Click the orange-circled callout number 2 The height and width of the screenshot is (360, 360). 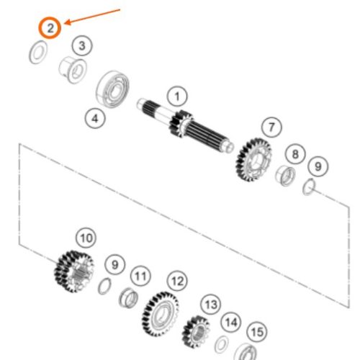coord(50,28)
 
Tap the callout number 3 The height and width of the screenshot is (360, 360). coord(82,45)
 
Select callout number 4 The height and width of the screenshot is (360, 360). coord(95,118)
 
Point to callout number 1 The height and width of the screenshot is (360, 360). coord(177,96)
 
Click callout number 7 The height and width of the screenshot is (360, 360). coord(271,127)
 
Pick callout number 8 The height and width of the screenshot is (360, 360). coord(295,154)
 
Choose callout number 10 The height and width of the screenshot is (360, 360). coord(86,238)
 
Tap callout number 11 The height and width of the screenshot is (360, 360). coord(140,276)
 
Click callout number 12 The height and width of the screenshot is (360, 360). coord(177,281)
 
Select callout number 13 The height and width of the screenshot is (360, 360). coord(211,305)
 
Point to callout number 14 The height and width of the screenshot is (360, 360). coord(231,322)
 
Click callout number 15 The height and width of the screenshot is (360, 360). coord(257,332)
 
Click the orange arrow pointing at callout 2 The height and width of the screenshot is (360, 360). coord(92,17)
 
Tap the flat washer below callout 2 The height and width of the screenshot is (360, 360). coord(38,53)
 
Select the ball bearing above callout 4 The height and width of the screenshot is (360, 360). coord(112,89)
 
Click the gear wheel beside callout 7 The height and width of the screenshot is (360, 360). coord(253,160)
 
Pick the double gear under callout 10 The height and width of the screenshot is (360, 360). coord(73,271)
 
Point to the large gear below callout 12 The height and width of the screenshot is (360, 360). coord(160,314)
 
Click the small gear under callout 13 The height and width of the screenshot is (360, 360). coord(196,332)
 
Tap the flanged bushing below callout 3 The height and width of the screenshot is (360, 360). coord(73,70)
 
